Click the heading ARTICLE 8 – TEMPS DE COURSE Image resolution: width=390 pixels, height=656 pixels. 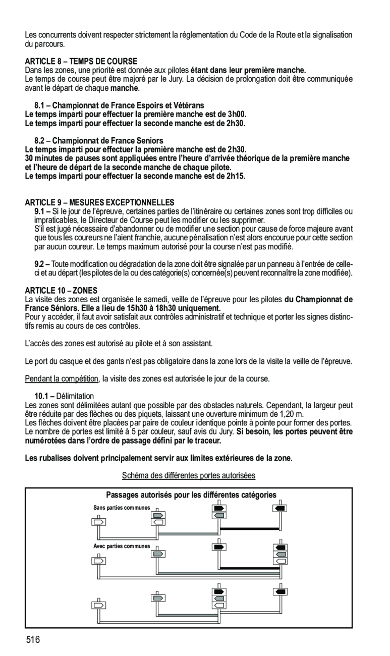81,61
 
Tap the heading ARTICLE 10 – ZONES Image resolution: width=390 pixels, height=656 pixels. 61,291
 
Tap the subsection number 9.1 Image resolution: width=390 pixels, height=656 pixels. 40,210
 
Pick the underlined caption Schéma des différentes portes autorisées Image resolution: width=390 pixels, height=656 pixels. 189,475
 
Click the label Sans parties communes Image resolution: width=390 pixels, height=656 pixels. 122,507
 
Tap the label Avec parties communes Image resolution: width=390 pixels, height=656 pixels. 122,546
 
